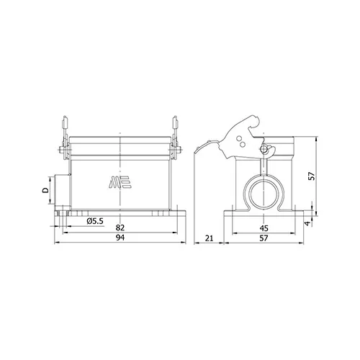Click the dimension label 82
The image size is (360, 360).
pyautogui.click(x=120, y=228)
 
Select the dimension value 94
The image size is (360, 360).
pyautogui.click(x=120, y=238)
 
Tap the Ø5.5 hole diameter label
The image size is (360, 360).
pyautogui.click(x=95, y=221)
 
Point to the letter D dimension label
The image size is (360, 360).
pyautogui.click(x=45, y=190)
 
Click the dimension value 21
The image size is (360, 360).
pyautogui.click(x=209, y=238)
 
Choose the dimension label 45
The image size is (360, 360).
pyautogui.click(x=264, y=228)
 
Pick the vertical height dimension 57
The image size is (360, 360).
pyautogui.click(x=311, y=176)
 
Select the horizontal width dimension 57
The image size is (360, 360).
pyautogui.click(x=264, y=238)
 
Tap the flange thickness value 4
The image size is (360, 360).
pyautogui.click(x=307, y=223)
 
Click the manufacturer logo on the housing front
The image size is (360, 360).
pyautogui.click(x=120, y=182)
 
